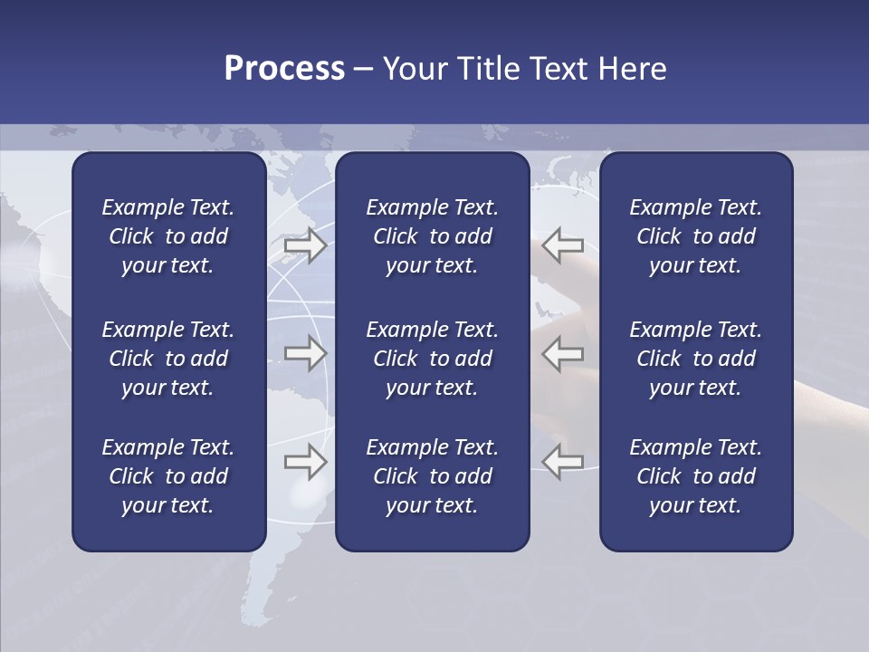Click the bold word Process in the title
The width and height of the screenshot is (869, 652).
(284, 69)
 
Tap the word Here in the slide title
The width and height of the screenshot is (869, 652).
(630, 69)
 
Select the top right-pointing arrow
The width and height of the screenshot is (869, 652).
(306, 245)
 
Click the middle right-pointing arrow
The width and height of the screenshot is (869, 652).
(306, 353)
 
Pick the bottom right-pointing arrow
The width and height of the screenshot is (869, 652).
(306, 462)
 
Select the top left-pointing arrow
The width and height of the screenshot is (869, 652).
(562, 245)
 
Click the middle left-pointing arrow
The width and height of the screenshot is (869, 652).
(562, 353)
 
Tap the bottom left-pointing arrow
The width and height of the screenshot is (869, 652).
(562, 462)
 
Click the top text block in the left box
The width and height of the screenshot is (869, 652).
(168, 236)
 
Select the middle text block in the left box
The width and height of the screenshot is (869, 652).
(168, 359)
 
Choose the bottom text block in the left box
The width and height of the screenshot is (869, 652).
(168, 476)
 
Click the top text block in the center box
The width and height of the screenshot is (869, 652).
(432, 236)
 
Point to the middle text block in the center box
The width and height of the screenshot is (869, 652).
(432, 359)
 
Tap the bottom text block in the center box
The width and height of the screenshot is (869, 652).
(432, 476)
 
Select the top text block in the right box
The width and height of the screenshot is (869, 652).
(695, 236)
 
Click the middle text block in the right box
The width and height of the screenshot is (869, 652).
(695, 359)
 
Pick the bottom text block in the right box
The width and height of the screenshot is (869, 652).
(695, 476)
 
